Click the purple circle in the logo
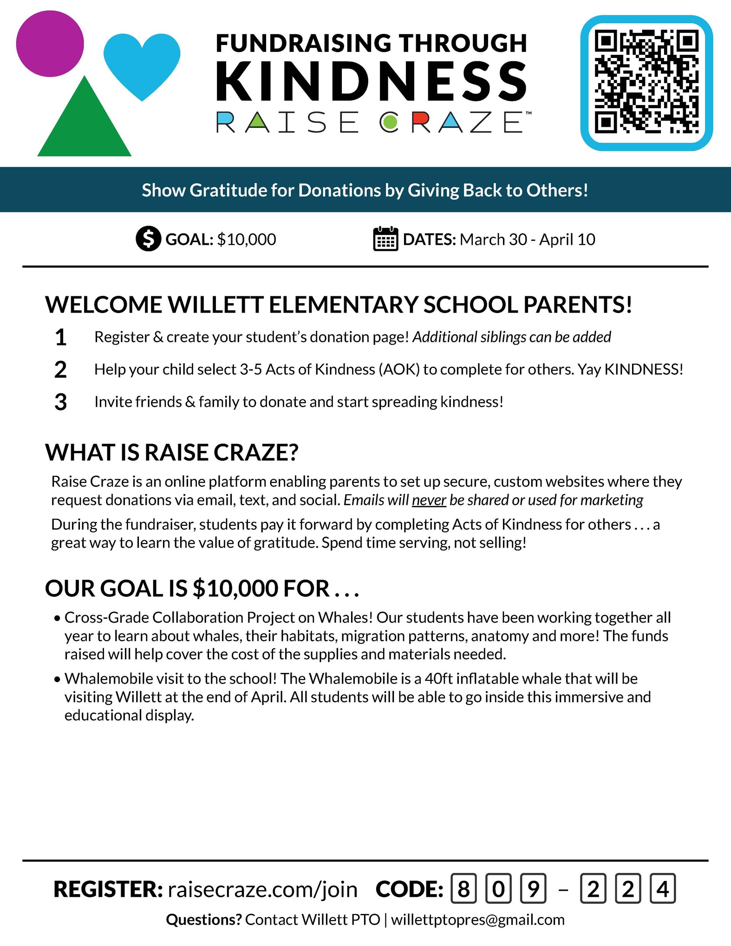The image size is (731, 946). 50,43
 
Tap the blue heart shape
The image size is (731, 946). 142,63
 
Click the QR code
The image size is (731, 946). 646,82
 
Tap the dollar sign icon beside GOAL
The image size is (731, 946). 148,239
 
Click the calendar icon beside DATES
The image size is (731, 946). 385,239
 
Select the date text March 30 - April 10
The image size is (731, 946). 527,240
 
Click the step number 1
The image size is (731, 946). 61,337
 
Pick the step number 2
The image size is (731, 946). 61,370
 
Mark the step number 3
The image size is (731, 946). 61,403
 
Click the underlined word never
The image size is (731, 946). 429,500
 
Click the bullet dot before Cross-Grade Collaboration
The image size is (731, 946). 57,619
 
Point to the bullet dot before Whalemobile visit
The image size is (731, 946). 57,680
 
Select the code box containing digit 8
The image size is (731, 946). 463,889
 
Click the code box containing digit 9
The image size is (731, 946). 533,889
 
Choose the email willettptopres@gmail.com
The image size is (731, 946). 478,920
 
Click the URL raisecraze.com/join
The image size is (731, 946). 262,890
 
